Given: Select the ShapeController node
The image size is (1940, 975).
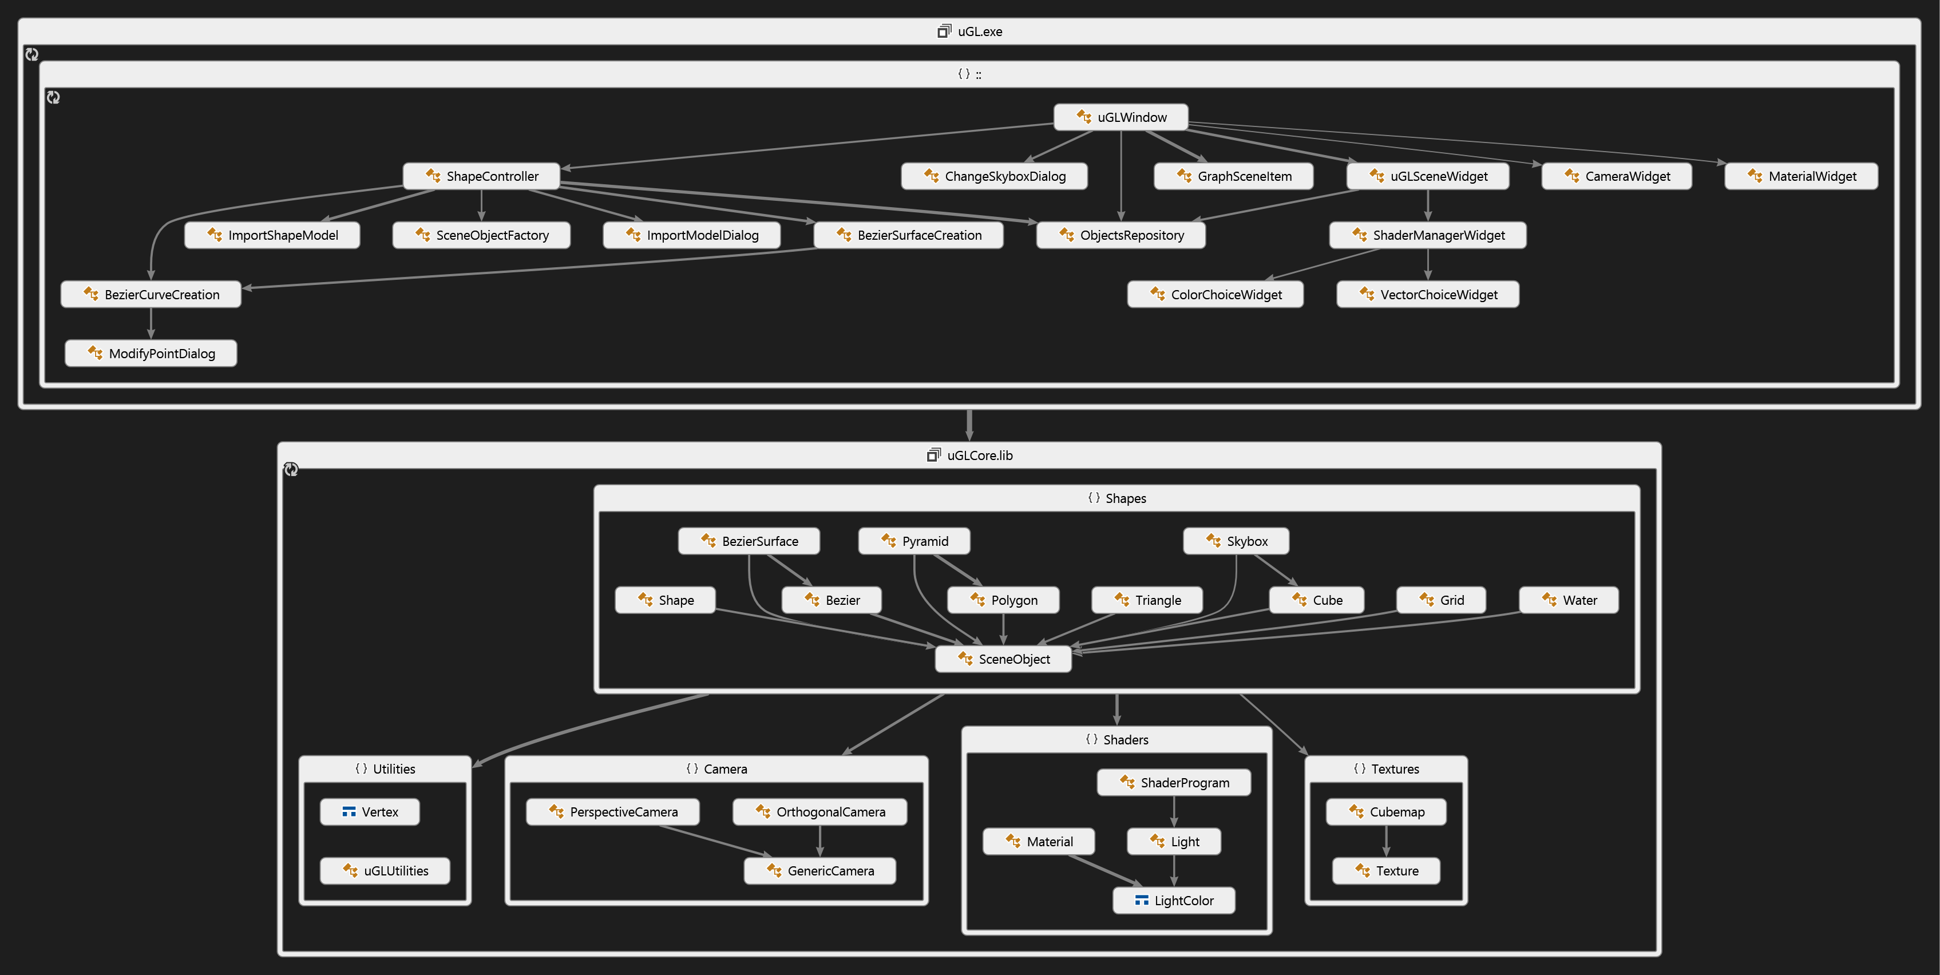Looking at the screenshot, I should click(481, 176).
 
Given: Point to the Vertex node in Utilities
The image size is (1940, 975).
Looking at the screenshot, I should click(370, 811).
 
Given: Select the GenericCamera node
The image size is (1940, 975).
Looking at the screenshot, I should click(819, 871).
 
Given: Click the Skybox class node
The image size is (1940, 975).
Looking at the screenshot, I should click(1236, 541).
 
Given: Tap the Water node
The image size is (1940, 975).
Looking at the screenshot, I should click(1569, 600).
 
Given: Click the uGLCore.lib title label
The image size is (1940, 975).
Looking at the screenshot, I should click(979, 455).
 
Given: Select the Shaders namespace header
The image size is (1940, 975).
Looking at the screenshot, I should click(1117, 740).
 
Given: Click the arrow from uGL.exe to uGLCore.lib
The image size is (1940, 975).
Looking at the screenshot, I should click(969, 425).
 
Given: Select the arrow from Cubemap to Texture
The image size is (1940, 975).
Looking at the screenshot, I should click(1387, 841).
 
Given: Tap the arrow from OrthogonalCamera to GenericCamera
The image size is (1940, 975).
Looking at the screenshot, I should click(819, 841).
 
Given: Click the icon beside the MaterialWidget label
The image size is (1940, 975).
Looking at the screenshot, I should click(1755, 176).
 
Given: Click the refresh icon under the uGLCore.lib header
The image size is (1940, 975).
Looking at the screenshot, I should click(291, 470).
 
